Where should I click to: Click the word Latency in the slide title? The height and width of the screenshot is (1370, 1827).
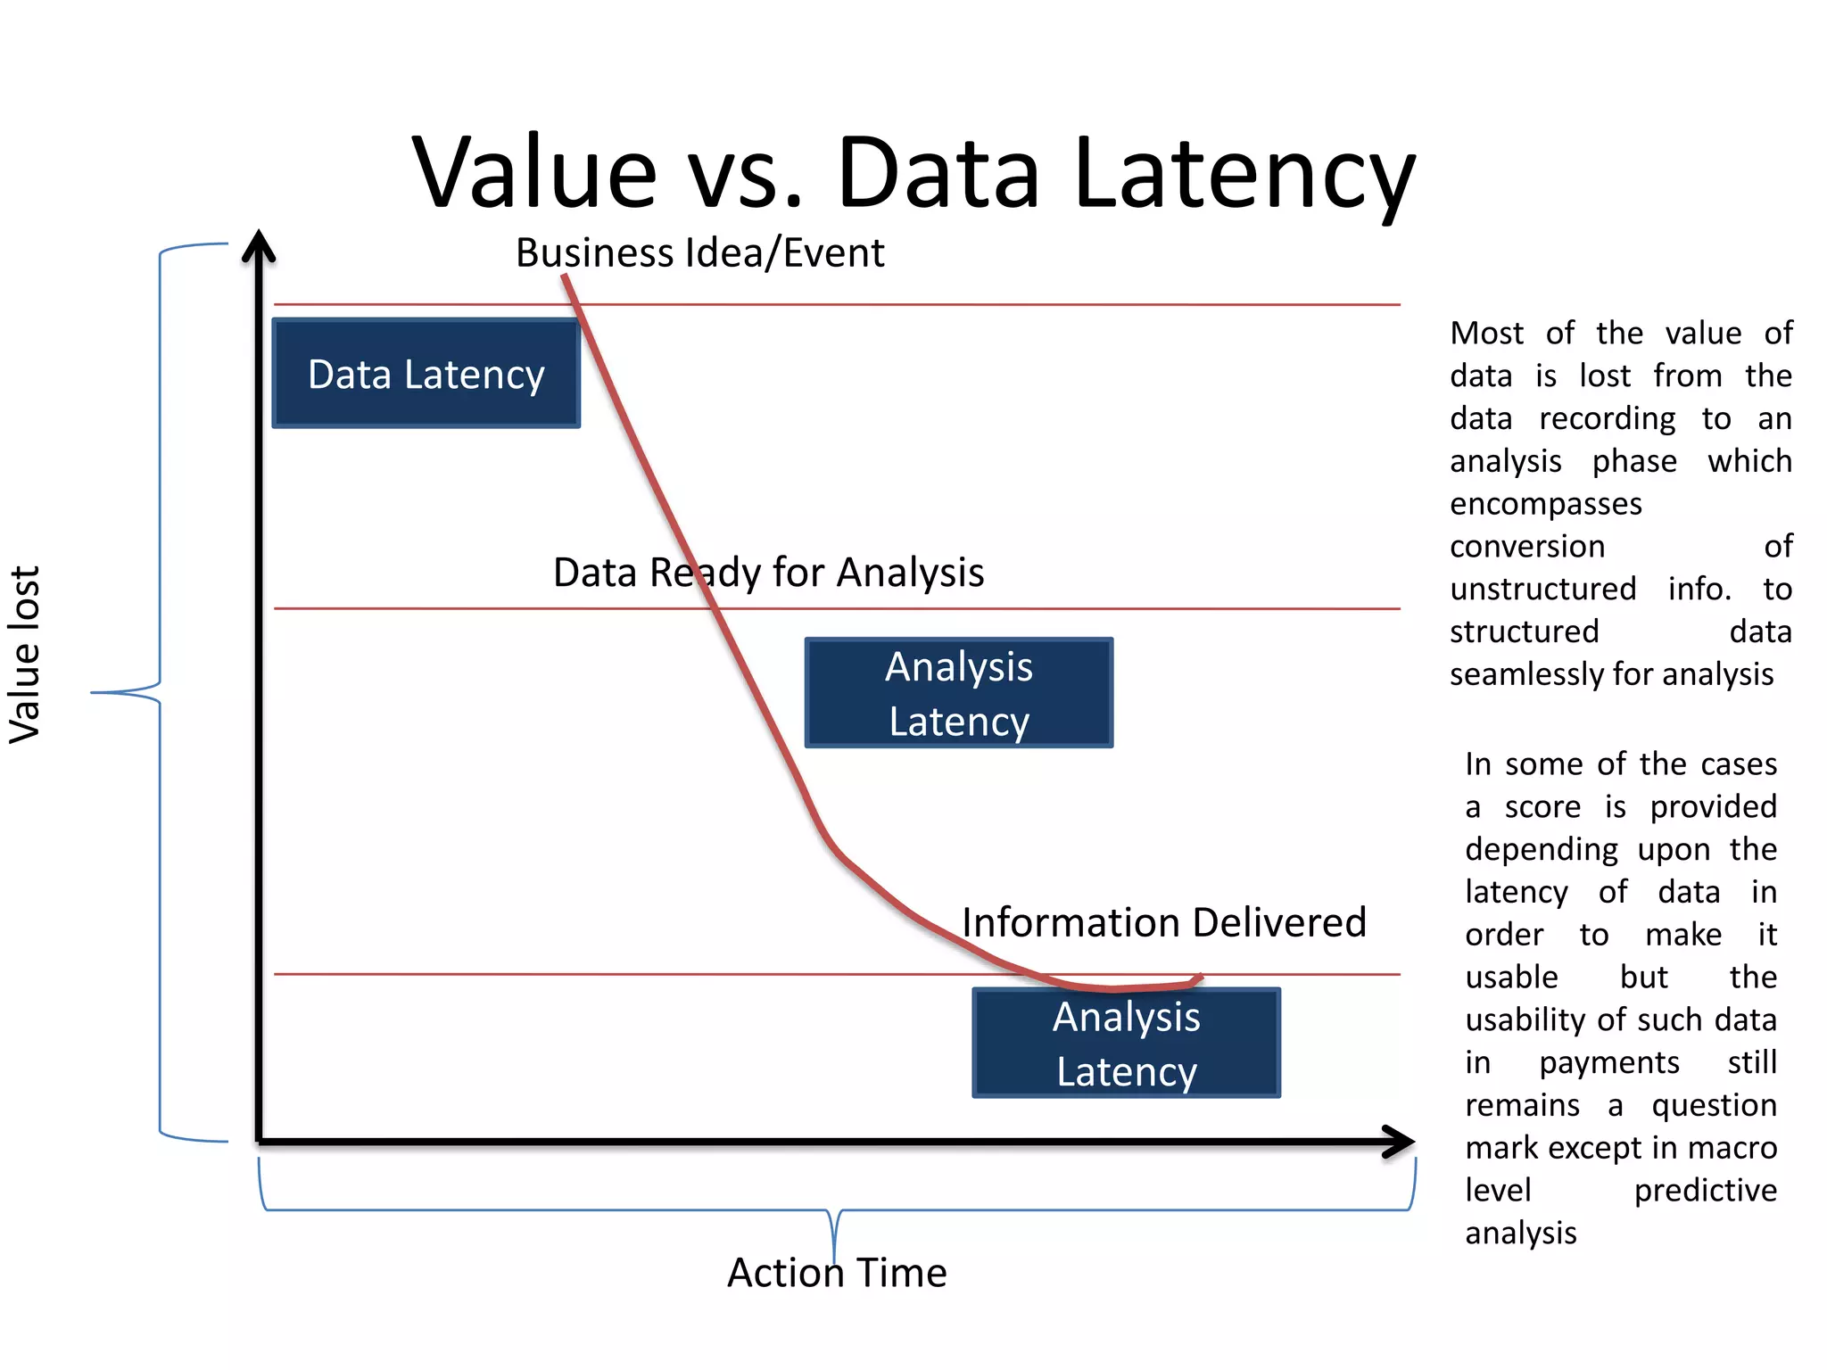coord(1244,174)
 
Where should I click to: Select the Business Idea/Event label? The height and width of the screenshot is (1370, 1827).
coord(699,253)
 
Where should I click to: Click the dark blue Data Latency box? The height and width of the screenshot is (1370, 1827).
coord(426,374)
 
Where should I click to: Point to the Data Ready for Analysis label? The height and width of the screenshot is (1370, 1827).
coord(768,573)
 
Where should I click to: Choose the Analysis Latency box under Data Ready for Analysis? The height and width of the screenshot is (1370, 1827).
coord(959,693)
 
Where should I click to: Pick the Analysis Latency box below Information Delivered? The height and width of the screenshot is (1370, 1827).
coord(1126,1043)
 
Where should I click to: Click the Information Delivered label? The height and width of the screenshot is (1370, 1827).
coord(1163,922)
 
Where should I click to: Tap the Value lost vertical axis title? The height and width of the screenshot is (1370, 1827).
coord(25,655)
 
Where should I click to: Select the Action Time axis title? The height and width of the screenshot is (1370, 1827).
coord(837,1273)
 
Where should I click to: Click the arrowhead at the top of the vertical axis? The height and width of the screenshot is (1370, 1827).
coord(259,245)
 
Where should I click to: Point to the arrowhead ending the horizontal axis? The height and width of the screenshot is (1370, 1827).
coord(1401,1141)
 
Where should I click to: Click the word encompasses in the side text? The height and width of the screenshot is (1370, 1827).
coord(1545,504)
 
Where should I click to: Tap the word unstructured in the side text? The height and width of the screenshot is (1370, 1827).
coord(1542,590)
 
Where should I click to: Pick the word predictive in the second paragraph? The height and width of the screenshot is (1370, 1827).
coord(1705,1191)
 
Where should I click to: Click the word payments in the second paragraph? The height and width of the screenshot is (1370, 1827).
coord(1608,1063)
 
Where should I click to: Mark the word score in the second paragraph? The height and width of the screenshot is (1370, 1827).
coord(1542,807)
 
